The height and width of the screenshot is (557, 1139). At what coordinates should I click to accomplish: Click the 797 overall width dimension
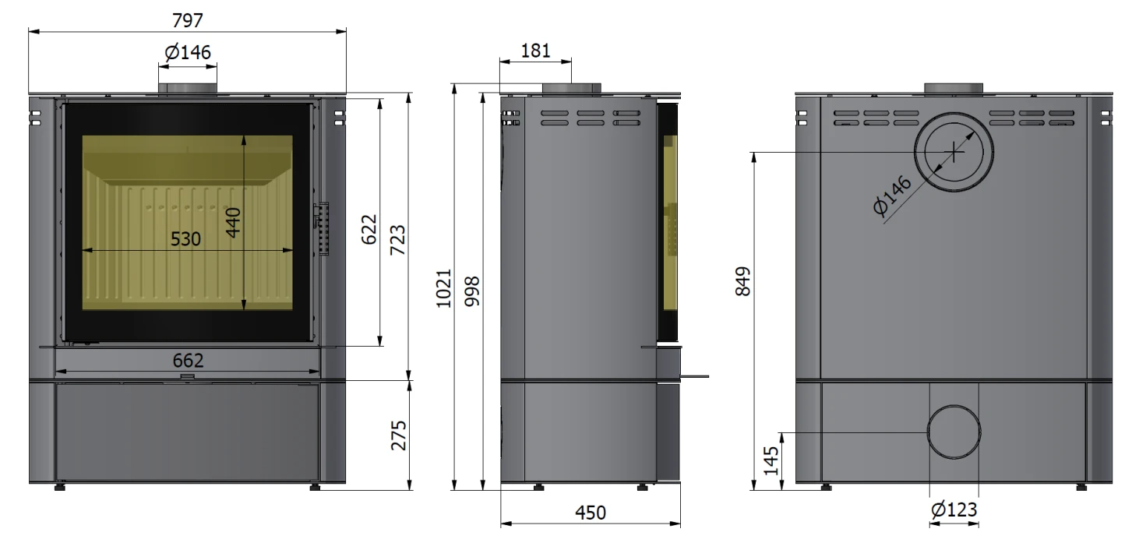click(188, 20)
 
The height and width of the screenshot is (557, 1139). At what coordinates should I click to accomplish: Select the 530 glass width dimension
click(185, 238)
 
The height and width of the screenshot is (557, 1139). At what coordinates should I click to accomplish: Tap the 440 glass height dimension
click(234, 222)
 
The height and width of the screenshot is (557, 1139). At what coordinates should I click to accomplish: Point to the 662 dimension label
click(188, 360)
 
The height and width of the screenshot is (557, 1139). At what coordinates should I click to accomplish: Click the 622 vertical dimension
click(369, 229)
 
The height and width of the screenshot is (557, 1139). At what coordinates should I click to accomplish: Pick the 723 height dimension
click(397, 240)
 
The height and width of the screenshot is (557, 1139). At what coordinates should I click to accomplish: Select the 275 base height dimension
click(399, 435)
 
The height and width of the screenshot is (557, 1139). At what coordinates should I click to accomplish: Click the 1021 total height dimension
click(444, 288)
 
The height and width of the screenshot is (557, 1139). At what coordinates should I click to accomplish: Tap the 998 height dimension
click(472, 291)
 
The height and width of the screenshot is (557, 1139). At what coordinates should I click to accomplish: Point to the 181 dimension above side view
click(535, 51)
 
